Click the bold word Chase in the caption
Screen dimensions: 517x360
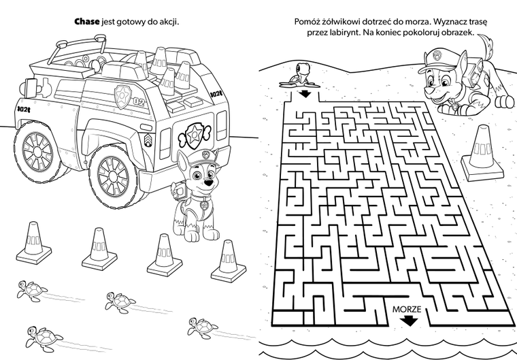point(86,22)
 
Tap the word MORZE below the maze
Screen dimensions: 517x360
point(407,309)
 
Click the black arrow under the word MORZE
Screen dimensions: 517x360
point(409,321)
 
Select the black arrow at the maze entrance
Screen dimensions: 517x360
point(305,93)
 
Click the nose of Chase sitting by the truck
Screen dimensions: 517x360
point(207,183)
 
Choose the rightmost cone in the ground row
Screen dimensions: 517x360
point(229,261)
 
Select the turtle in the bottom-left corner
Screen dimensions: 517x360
point(44,338)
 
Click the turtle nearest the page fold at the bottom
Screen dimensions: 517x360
point(203,328)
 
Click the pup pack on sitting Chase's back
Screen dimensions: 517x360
point(178,191)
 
